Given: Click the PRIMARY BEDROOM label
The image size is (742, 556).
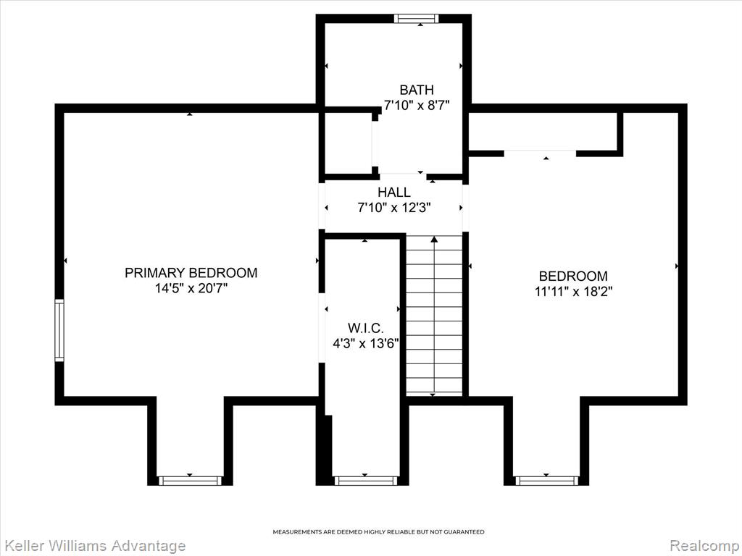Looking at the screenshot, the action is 191,273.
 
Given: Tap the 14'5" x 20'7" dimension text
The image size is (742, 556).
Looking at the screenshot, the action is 191,288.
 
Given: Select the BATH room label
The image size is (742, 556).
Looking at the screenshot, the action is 417,90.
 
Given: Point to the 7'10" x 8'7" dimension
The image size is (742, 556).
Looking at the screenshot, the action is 417,105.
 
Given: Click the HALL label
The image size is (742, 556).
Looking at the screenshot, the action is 394,193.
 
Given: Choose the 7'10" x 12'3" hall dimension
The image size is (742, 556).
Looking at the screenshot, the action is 394,208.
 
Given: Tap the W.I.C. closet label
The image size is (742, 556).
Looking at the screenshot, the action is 365,328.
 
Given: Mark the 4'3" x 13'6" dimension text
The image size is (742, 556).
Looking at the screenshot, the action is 365,343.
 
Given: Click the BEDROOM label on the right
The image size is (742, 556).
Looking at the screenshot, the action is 573,276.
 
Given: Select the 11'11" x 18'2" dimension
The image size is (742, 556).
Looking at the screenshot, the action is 573,292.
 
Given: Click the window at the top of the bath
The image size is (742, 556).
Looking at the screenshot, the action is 417,18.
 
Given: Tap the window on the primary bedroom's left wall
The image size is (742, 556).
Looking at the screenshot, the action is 59,330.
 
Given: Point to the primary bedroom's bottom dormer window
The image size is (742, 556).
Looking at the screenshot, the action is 189,481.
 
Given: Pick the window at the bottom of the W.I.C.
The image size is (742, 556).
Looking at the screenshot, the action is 365,481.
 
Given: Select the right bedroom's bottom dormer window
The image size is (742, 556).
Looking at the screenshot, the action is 546,481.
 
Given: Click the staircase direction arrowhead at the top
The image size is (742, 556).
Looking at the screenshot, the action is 434,239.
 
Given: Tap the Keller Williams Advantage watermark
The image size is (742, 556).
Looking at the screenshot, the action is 93,546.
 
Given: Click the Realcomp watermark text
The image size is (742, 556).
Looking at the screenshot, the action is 706,546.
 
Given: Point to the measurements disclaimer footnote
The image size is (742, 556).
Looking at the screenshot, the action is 378,532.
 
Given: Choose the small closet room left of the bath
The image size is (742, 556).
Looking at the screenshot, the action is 348,143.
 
